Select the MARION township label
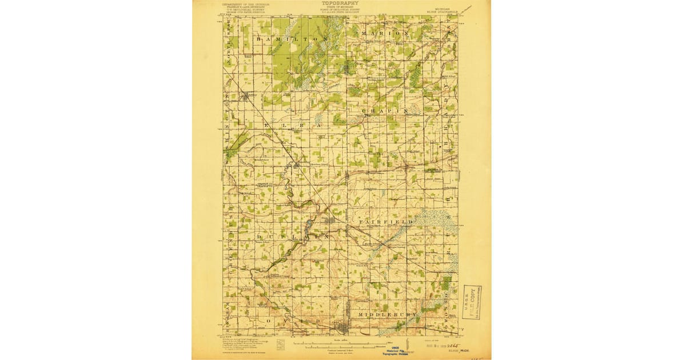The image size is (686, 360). click(385, 34)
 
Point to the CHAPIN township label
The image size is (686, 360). click(384, 110)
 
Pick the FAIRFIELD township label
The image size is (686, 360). click(382, 221)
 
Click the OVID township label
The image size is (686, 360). click(292, 321)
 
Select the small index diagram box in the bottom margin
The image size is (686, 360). click(280, 345)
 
